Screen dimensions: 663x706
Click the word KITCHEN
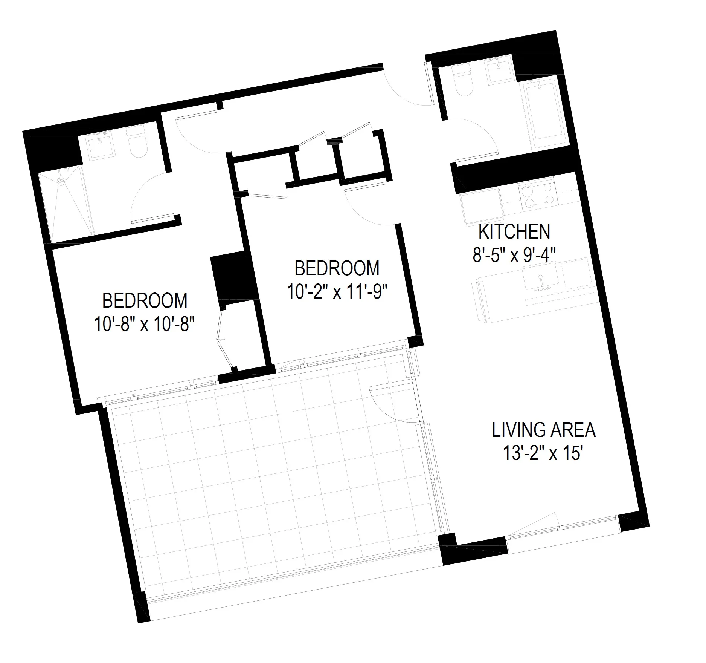[514, 232]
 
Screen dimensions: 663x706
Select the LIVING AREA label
[544, 430]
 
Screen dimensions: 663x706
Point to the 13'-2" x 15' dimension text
[544, 453]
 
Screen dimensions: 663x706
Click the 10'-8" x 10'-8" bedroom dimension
[145, 324]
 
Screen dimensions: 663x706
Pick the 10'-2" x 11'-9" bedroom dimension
[337, 292]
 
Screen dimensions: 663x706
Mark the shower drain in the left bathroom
[61, 182]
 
